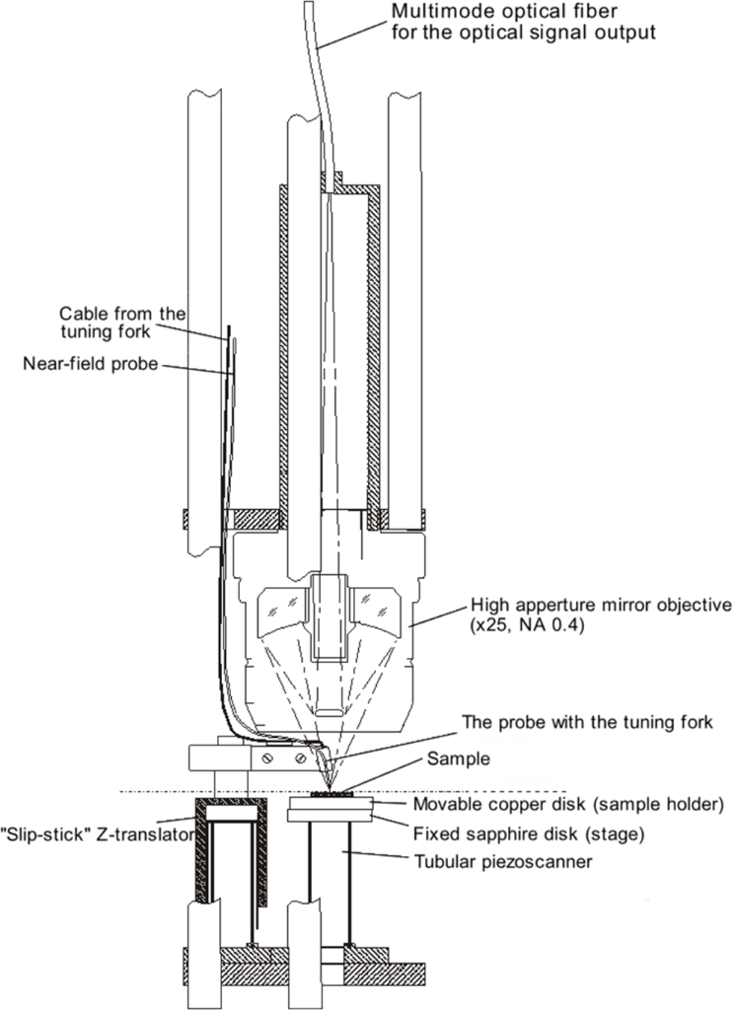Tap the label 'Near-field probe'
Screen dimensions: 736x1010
pos(90,364)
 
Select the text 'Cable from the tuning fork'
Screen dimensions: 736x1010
pos(121,323)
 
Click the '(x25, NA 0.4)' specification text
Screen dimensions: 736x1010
pos(528,624)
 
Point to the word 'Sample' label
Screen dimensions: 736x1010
pos(458,758)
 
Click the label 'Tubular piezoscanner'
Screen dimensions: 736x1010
pos(503,861)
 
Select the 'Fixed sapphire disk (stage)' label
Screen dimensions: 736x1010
pos(529,834)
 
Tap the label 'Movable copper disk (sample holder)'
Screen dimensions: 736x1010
pos(569,805)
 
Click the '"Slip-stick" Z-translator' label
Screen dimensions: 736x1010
pos(97,834)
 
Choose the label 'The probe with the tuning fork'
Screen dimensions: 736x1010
pos(587,722)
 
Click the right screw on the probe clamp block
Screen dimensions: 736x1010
pos(300,758)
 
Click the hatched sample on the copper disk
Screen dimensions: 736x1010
pos(331,795)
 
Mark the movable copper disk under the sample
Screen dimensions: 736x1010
pos(331,804)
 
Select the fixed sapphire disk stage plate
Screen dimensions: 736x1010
pos(331,816)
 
